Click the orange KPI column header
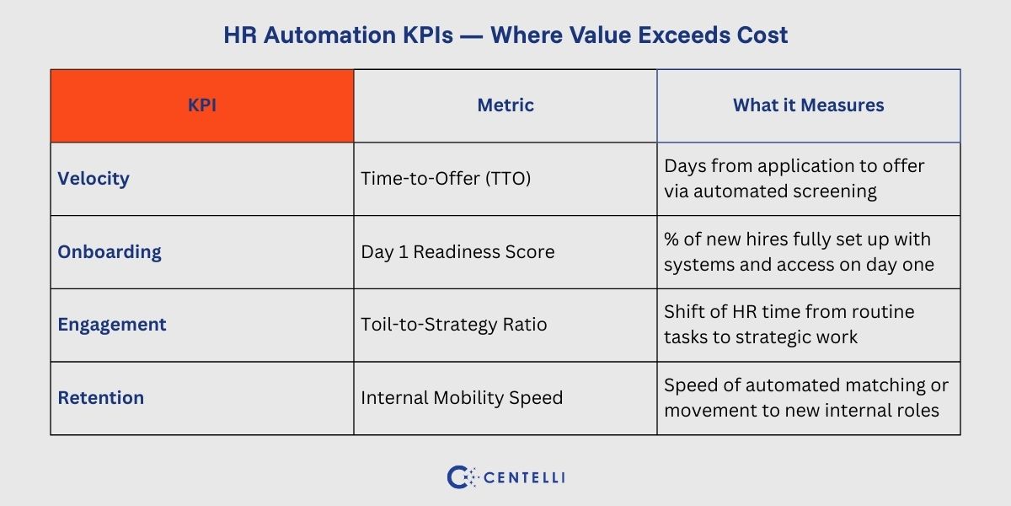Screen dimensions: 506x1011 click(201, 105)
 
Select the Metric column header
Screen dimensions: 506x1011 click(505, 105)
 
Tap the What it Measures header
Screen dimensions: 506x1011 click(808, 105)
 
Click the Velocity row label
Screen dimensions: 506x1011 click(94, 179)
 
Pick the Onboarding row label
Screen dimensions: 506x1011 click(110, 252)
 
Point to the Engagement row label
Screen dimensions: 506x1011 click(112, 325)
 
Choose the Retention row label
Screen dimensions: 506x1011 click(100, 398)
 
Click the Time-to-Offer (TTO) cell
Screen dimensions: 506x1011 click(446, 179)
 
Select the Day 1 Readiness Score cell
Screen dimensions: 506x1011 click(457, 252)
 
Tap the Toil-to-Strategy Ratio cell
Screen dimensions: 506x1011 click(454, 325)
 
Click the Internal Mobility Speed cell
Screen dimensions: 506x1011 click(462, 398)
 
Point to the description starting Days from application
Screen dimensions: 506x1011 click(794, 179)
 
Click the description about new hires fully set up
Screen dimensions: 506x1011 click(799, 252)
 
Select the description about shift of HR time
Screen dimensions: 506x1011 click(789, 325)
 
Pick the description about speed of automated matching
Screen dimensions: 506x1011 click(805, 398)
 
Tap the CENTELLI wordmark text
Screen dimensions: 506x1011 click(525, 477)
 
